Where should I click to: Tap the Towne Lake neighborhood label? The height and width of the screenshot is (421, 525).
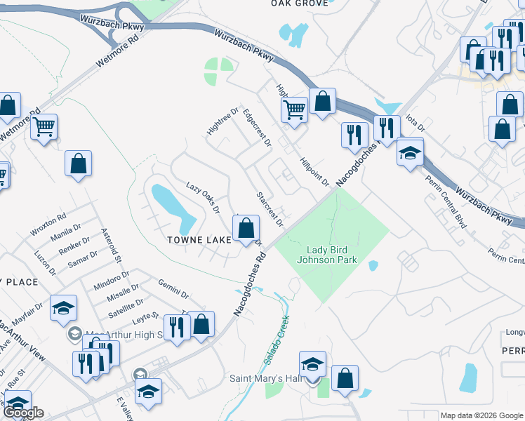click(x=199, y=240)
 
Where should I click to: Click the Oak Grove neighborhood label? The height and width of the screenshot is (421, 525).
click(x=300, y=4)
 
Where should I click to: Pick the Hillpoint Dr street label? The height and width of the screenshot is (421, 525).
click(x=314, y=172)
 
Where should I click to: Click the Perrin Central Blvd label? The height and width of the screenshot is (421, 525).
click(x=446, y=201)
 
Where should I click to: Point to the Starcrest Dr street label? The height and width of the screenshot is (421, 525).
click(x=270, y=209)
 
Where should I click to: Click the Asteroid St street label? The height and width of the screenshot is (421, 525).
click(x=112, y=244)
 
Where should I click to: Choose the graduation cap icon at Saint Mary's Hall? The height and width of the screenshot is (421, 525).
click(x=312, y=364)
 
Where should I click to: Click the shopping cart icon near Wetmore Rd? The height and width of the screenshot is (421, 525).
click(x=44, y=127)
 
